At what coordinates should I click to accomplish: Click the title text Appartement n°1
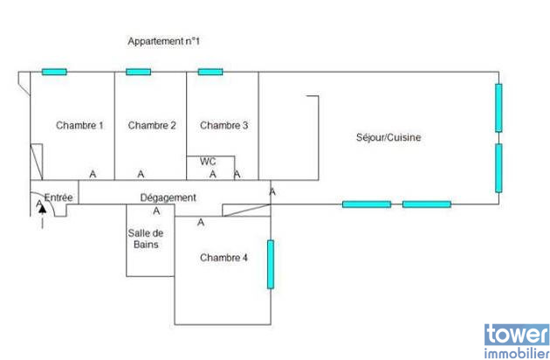point(165,41)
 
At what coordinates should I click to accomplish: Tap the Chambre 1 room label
point(79,126)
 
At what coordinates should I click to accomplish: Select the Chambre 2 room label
point(152,126)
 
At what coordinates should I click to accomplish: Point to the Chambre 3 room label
point(224,126)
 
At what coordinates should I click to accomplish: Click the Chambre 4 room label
point(223,258)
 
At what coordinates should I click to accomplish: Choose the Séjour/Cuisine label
point(389,138)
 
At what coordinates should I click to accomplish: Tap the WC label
point(208,162)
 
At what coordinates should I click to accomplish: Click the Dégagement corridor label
point(168,197)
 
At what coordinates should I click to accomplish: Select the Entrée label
point(58,197)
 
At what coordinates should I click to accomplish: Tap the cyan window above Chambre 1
point(54,72)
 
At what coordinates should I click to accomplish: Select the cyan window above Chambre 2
point(138,72)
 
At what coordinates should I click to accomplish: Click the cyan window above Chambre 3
point(210,72)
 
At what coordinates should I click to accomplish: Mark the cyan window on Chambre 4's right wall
point(271,264)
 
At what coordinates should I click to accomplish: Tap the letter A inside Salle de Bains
point(157,211)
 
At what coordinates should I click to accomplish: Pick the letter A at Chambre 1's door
point(93,174)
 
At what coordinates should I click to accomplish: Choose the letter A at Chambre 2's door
point(141,174)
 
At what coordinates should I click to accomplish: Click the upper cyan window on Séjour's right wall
point(498,107)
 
